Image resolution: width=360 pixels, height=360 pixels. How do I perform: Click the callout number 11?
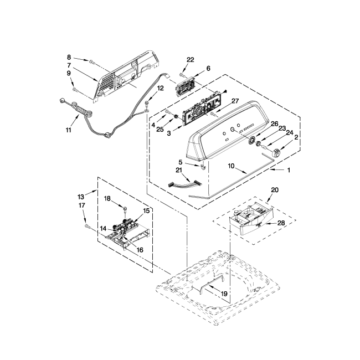point(69,130)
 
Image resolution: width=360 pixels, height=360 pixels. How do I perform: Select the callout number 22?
point(191,60)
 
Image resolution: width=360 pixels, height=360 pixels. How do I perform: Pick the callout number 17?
point(82,205)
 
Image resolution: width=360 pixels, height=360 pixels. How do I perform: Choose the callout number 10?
point(231,166)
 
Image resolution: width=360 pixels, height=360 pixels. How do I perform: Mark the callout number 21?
point(179,169)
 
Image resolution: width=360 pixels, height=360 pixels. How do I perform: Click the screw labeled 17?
point(87,226)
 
